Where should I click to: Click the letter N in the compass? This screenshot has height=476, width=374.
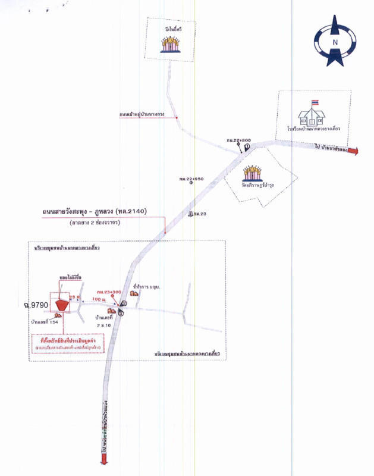[335, 42]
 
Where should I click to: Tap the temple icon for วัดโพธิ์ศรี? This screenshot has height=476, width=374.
[171, 43]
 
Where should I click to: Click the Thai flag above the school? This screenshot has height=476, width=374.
[316, 102]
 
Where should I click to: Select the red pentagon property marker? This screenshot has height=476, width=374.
[61, 304]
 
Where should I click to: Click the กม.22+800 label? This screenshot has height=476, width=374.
[239, 140]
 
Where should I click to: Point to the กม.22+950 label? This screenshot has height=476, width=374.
[191, 178]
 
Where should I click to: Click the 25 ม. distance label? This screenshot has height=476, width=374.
[74, 295]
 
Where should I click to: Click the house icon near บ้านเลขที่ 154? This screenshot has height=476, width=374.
[59, 317]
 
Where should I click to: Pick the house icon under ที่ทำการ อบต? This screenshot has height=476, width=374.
[134, 293]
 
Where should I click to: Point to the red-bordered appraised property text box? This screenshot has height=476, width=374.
[67, 344]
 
